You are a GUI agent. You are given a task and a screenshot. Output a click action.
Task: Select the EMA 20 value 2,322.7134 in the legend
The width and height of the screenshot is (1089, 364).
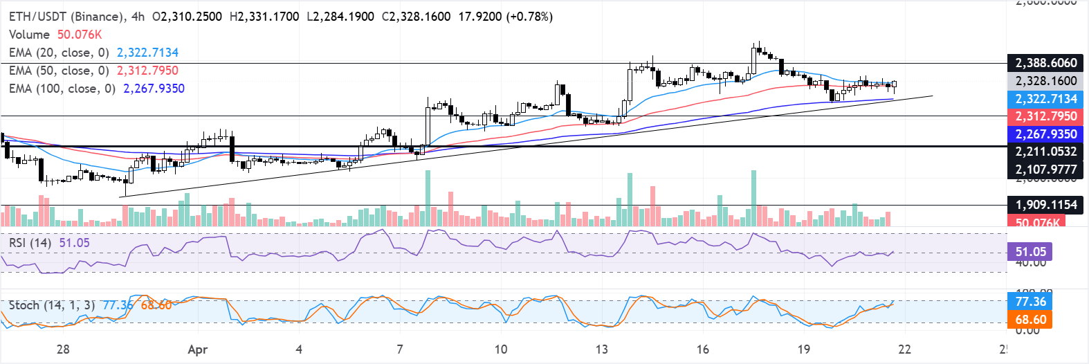(x=147, y=53)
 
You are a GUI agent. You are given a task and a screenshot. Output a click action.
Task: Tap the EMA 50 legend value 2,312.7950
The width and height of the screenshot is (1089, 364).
(x=147, y=71)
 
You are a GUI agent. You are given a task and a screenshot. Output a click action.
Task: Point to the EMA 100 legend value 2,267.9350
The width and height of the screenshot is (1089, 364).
(x=154, y=89)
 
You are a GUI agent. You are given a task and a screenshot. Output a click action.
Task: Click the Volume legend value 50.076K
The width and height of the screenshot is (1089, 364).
(x=80, y=35)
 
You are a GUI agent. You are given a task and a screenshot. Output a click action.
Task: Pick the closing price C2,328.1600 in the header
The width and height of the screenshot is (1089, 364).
(x=416, y=16)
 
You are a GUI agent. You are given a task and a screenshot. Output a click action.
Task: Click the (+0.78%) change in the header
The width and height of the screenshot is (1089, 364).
(x=530, y=16)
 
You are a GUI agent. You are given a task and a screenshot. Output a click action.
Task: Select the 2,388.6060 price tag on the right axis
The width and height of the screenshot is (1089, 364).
(x=1045, y=63)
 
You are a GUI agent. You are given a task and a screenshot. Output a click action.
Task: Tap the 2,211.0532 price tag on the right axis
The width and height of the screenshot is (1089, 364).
(x=1045, y=152)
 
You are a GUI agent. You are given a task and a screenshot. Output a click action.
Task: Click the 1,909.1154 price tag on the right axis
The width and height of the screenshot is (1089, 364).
(x=1045, y=205)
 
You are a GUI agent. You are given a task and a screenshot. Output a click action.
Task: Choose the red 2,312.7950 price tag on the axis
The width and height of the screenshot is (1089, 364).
(x=1045, y=116)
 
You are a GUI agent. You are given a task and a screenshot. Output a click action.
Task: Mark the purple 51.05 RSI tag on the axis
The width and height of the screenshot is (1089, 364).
(x=1030, y=252)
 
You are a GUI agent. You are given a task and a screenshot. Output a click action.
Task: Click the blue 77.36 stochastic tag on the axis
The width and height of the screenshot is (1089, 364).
(x=1030, y=302)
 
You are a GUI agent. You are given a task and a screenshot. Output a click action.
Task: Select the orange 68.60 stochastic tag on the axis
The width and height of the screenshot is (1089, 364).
(x=1030, y=320)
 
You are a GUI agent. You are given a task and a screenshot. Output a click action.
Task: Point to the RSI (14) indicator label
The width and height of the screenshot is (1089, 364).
(x=30, y=243)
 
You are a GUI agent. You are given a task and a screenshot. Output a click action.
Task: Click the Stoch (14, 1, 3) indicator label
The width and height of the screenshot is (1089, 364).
(x=51, y=305)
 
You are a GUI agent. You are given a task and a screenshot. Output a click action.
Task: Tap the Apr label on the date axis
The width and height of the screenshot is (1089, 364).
(x=198, y=349)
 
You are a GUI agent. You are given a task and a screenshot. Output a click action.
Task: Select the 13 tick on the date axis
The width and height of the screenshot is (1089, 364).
(x=601, y=349)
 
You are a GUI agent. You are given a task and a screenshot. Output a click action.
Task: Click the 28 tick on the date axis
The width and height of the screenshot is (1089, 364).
(x=63, y=349)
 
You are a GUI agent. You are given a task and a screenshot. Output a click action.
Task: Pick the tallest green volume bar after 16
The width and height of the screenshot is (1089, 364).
(x=753, y=199)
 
